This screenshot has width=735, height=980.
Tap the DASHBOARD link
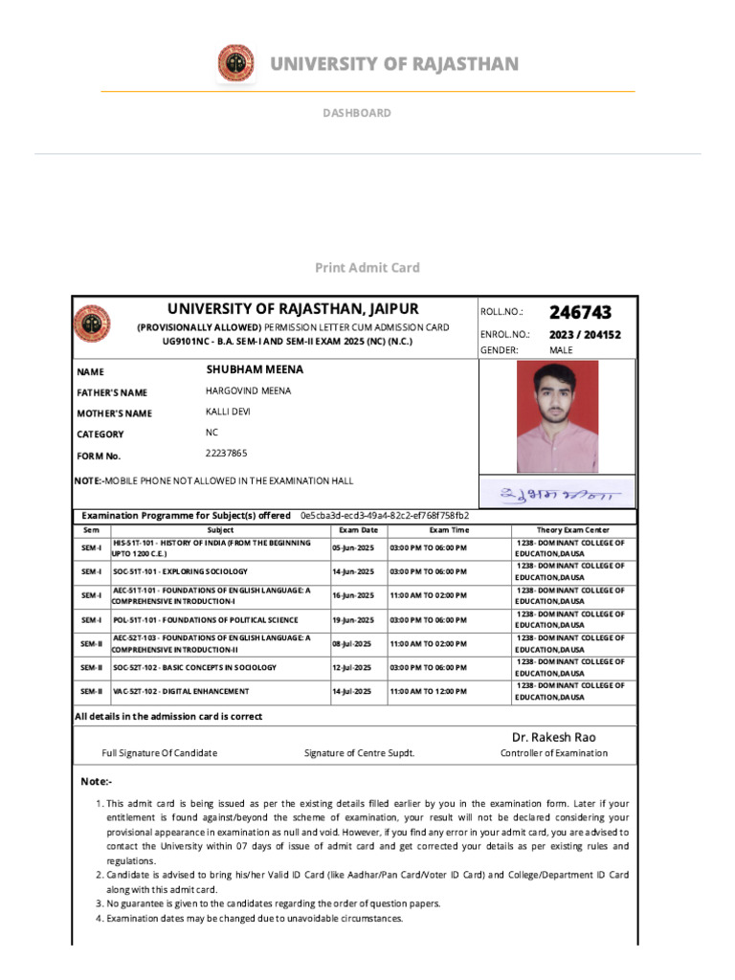coord(356,113)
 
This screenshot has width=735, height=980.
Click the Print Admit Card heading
coord(367,268)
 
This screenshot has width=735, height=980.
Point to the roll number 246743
coord(580,313)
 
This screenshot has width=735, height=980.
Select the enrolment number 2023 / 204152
coord(585,335)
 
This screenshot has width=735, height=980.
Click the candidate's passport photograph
coord(558,416)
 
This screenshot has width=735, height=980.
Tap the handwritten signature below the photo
coord(559,495)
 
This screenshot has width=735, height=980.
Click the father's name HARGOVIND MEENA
coord(248,390)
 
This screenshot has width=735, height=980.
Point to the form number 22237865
coord(226,453)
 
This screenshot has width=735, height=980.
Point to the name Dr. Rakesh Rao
coord(553,736)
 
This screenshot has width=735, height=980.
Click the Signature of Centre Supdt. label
coord(359,753)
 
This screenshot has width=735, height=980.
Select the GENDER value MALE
coord(562,350)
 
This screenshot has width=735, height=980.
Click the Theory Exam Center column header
coord(572,529)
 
